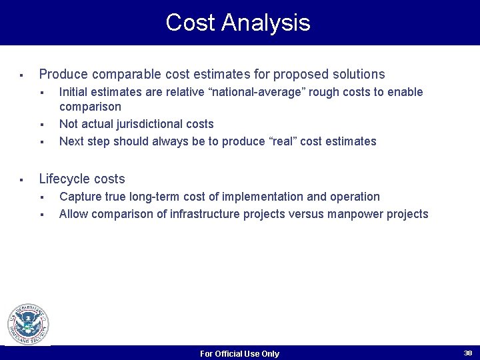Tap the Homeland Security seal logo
pos(28,325)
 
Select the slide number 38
pos(467,353)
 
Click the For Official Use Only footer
pos(239,354)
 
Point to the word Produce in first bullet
pos(64,74)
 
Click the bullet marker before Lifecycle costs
pos(21,179)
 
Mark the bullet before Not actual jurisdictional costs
pos(41,125)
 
